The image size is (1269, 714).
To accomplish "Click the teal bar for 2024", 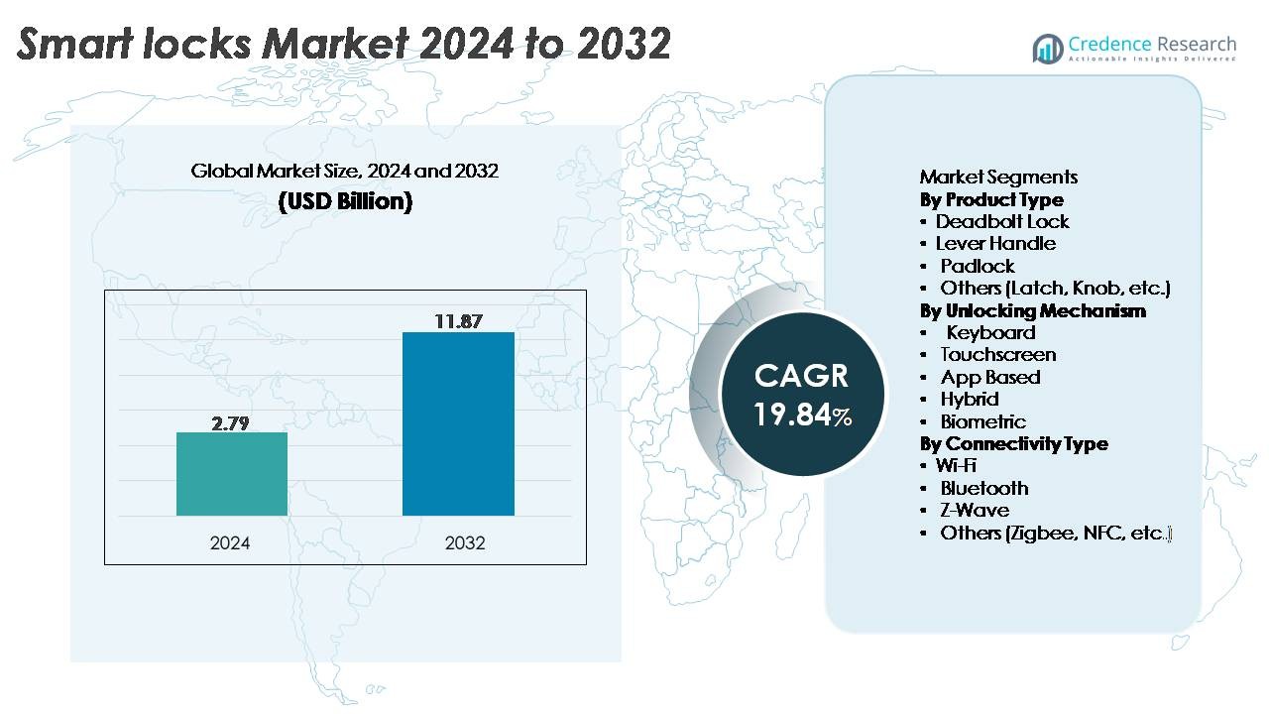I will click(232, 474).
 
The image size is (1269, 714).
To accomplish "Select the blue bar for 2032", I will click(458, 423).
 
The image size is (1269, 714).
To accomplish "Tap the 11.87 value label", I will click(458, 320).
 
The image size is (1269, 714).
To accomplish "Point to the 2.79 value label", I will click(230, 422).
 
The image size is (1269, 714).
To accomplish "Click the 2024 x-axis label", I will click(230, 543).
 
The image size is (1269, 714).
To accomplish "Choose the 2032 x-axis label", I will click(464, 543).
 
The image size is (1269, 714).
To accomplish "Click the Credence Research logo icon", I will click(1047, 48).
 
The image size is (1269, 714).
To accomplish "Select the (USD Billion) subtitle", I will click(345, 201).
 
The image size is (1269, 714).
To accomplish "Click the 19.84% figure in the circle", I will click(802, 415).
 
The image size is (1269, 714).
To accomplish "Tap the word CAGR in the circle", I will click(801, 376).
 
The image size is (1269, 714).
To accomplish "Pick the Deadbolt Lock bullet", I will click(1002, 221).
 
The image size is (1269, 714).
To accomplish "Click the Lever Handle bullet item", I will click(995, 243).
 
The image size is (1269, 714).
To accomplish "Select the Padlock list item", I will click(978, 266).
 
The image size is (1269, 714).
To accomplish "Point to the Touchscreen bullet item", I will click(998, 354).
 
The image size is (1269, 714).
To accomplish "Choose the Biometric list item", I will click(983, 421).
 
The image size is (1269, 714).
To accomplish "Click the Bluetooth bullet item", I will click(984, 488).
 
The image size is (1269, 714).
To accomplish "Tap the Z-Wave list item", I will click(975, 510).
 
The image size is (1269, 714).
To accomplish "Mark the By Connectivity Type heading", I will click(1013, 443).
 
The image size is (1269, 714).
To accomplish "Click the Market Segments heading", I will click(998, 178).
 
